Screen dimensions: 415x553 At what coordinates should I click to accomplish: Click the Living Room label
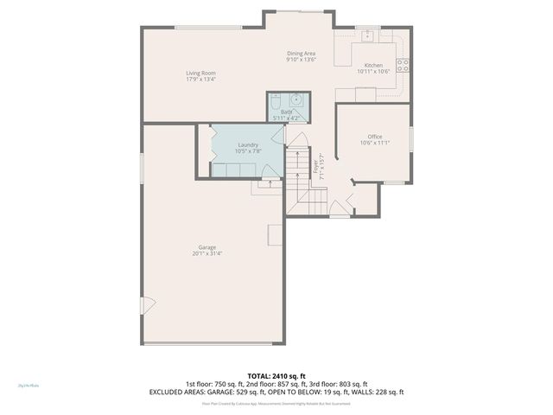200,73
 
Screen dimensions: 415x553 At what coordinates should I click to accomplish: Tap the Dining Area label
302,54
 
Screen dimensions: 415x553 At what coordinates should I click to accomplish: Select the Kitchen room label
373,66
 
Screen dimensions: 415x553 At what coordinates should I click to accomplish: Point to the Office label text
374,137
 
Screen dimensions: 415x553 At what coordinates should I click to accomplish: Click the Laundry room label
248,144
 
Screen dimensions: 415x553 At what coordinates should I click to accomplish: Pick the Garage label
207,247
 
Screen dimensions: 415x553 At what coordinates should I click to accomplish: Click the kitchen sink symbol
366,35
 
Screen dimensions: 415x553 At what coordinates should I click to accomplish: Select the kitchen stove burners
402,64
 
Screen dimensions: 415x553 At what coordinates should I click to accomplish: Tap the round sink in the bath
295,99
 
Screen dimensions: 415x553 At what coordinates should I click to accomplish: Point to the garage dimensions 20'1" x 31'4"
207,254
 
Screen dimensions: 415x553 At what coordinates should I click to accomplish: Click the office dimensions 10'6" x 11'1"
374,144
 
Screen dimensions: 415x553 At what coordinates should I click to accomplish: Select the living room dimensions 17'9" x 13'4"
200,80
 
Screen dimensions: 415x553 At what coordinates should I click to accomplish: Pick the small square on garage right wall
274,233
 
